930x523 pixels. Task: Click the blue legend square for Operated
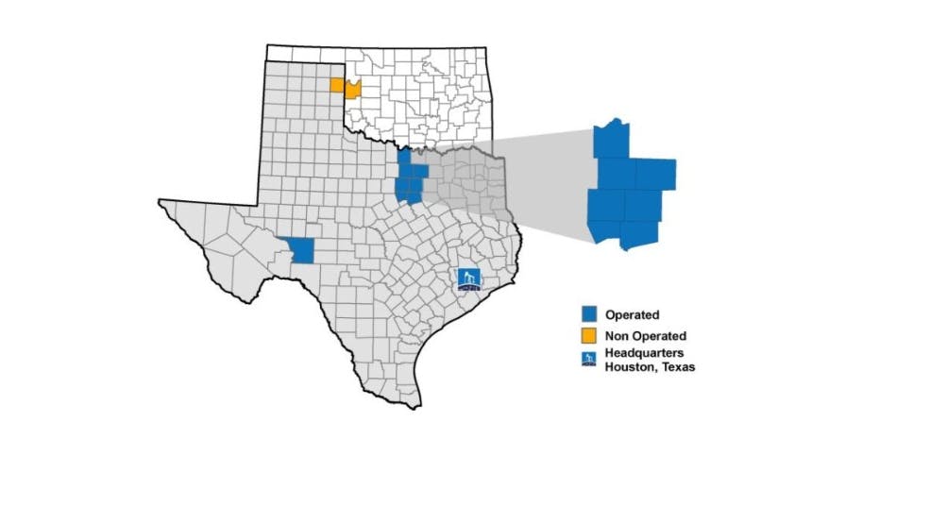tap(588, 314)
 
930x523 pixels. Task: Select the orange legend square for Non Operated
tap(588, 335)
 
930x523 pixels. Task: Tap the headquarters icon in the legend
tap(588, 359)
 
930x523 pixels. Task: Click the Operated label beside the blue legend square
tap(632, 314)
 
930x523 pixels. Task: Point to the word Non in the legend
tap(616, 335)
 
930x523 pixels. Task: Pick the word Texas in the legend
tap(675, 366)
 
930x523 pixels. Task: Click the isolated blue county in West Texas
tap(302, 250)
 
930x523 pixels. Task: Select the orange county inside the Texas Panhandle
tap(337, 85)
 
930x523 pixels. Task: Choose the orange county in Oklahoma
tap(352, 90)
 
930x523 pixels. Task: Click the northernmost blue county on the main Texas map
tap(404, 160)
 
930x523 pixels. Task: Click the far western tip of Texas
tap(162, 201)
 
